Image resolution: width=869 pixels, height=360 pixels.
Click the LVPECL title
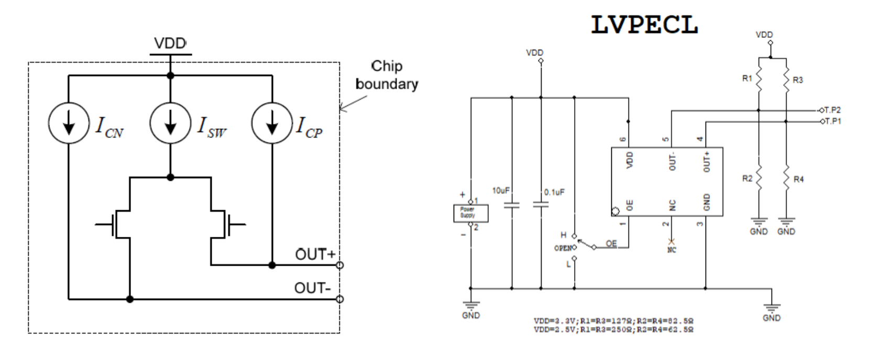(644, 25)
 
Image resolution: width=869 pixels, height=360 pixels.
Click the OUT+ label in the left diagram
(315, 255)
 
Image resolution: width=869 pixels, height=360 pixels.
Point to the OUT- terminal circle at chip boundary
(340, 299)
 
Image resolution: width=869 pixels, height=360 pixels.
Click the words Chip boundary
(387, 75)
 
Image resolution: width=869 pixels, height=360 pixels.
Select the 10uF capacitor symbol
(512, 204)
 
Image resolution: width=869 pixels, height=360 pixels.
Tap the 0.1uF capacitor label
(554, 192)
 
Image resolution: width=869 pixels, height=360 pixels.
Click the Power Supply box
(470, 213)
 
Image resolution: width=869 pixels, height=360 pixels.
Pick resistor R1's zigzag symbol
(758, 82)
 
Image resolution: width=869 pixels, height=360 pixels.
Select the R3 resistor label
(798, 80)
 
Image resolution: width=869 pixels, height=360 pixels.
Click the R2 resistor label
(747, 179)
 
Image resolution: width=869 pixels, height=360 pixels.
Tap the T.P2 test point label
(832, 110)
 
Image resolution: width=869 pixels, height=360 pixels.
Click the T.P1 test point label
(832, 121)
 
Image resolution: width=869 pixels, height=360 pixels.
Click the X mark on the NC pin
(672, 242)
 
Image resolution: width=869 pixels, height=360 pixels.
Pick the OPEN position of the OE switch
(564, 247)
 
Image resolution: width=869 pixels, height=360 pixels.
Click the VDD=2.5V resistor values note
(613, 330)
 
